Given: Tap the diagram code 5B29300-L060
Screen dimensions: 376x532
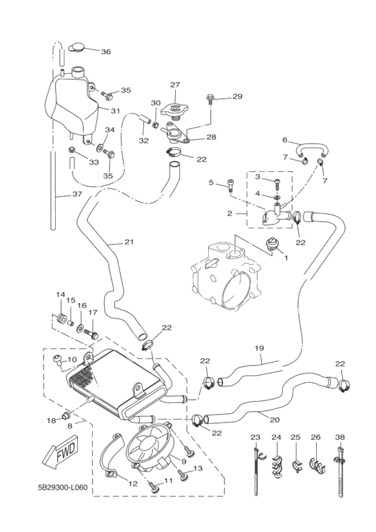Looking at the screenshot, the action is (62, 488).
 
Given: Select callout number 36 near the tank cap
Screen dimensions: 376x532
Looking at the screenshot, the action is (106, 52).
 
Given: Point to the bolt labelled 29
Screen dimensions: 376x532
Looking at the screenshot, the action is (210, 98).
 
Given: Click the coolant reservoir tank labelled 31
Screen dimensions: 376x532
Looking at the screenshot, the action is (72, 102).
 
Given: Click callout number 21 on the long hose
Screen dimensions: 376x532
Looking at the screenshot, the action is (129, 242).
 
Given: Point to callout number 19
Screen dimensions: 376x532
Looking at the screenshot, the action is (259, 349).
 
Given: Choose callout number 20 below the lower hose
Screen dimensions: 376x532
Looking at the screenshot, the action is (275, 420).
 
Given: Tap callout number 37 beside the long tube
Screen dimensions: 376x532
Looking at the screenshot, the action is (77, 194).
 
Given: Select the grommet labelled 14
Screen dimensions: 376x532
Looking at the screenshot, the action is (61, 319).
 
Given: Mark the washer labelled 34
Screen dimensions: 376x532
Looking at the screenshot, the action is (101, 147).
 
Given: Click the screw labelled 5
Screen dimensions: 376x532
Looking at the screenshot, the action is (230, 187).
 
